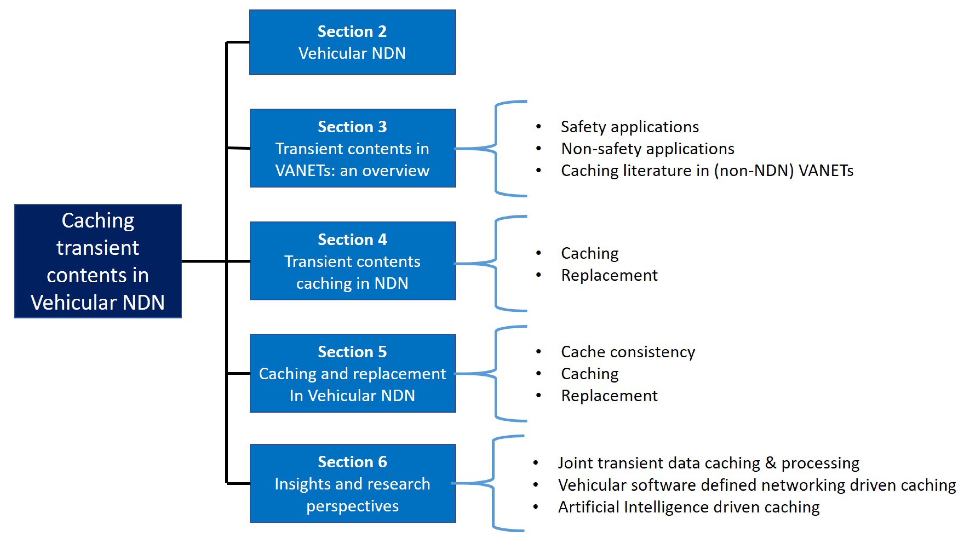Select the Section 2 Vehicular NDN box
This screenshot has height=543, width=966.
click(352, 42)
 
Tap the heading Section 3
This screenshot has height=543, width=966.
click(352, 127)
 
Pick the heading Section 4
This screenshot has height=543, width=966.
click(352, 239)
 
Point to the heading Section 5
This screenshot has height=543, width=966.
click(352, 352)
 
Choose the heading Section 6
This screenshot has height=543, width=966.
click(352, 462)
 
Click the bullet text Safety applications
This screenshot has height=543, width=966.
click(630, 127)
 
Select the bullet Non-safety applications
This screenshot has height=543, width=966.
click(647, 149)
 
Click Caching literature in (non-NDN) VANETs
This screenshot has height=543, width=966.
click(707, 171)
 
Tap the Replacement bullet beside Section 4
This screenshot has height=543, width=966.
click(609, 275)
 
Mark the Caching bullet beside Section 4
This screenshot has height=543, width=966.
click(590, 254)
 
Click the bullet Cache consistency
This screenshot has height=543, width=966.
click(628, 352)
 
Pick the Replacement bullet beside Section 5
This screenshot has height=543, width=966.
click(609, 396)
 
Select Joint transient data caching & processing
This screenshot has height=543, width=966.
click(708, 463)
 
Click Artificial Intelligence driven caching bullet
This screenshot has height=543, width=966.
click(688, 507)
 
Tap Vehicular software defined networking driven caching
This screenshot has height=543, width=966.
click(757, 485)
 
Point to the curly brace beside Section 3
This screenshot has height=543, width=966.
click(496, 149)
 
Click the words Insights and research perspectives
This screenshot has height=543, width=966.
click(352, 495)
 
